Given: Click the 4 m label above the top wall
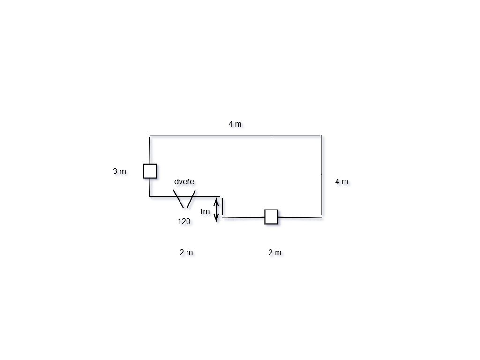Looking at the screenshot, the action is [x=235, y=124].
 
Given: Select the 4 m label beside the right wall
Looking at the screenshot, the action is [x=342, y=181].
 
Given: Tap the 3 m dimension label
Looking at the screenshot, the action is [x=120, y=172].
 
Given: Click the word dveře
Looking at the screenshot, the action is [x=184, y=181].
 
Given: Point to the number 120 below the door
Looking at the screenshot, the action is [x=184, y=222].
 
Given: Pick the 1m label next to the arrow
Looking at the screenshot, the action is [x=204, y=212].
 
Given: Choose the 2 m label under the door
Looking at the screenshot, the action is [x=186, y=252].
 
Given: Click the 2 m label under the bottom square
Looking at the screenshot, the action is [x=275, y=252].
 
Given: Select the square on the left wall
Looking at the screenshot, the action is [x=150, y=171].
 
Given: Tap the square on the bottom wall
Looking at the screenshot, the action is [x=271, y=217].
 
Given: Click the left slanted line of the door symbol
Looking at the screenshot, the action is [x=178, y=199].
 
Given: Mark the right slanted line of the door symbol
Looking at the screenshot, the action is [x=191, y=199].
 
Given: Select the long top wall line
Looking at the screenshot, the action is [x=234, y=135].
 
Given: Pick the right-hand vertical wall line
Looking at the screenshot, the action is [x=322, y=176].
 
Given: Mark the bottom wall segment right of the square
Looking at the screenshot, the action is [x=300, y=217].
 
